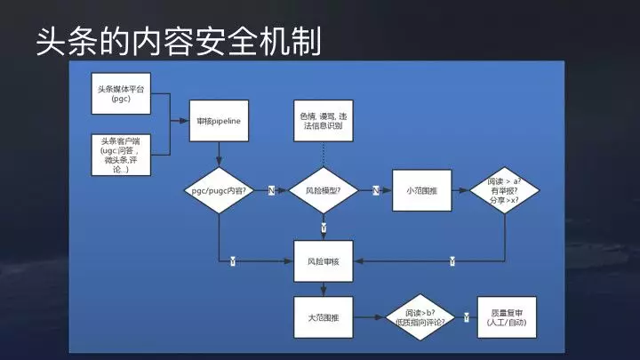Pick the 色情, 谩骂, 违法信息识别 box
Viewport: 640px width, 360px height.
coord(324,120)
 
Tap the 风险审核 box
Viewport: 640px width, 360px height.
coord(324,261)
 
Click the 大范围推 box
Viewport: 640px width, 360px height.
coord(324,317)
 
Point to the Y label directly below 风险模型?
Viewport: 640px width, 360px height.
coord(324,228)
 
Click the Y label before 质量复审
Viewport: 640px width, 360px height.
coord(465,317)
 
